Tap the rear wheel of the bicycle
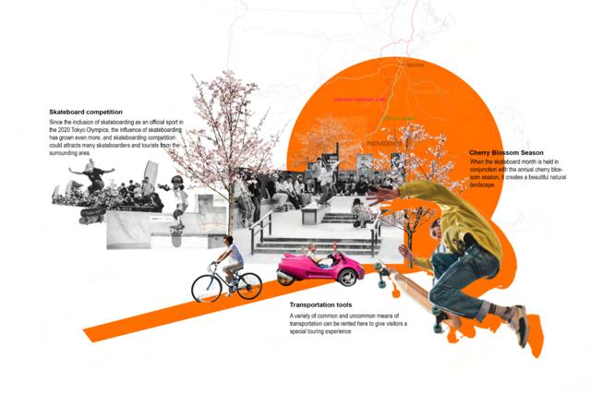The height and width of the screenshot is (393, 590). pyautogui.click(x=205, y=288)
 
